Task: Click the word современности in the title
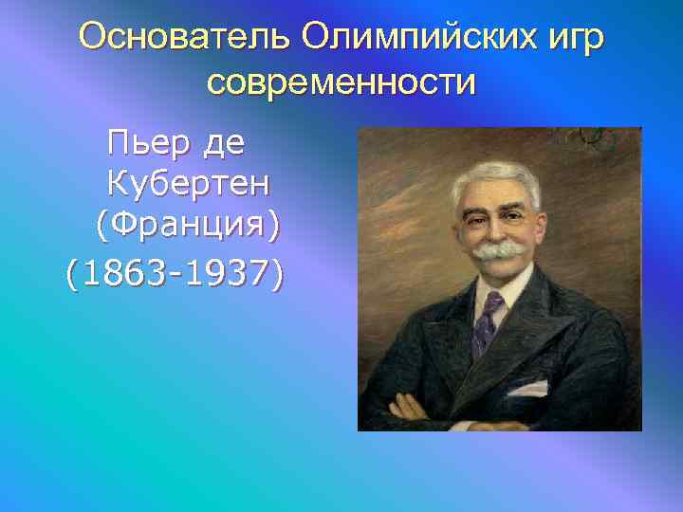(341, 83)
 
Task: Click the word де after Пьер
(224, 144)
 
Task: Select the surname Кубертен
(193, 186)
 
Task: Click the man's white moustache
(500, 250)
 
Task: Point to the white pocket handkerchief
(526, 388)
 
